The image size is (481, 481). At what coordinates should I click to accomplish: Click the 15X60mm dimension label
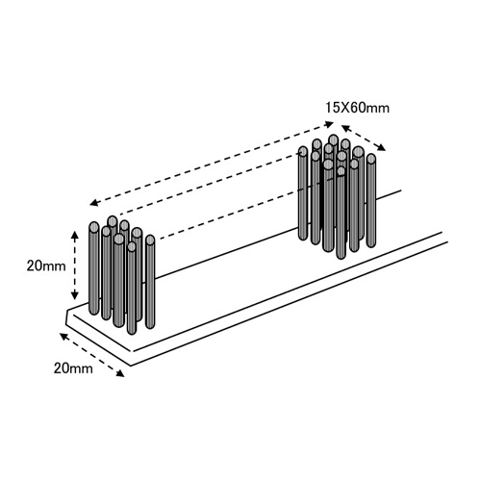coord(357,108)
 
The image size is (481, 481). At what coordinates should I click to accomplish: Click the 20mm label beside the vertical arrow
coord(46,266)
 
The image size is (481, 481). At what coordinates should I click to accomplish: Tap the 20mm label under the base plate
coord(73,368)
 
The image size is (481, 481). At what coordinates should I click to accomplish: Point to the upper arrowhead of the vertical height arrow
coord(75,235)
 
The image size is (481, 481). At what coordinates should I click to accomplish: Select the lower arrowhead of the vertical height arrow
coord(75,295)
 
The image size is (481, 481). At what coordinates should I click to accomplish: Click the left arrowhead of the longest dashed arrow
coord(93,203)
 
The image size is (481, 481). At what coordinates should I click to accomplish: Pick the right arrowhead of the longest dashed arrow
coord(330,124)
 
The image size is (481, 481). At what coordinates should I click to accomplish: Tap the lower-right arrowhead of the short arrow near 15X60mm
coord(382,147)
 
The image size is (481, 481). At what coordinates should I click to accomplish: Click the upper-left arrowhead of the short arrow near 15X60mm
coord(345,128)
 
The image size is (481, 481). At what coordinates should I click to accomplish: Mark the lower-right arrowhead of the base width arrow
coord(120,373)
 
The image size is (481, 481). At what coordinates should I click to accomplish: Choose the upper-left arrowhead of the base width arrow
coord(63,336)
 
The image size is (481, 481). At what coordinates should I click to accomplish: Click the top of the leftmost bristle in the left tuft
coord(94,227)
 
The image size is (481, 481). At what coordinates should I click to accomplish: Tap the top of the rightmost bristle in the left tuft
coord(150,240)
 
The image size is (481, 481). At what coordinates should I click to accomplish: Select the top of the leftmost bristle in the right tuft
coord(303,151)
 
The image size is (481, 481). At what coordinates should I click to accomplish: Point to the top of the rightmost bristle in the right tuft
coord(371,159)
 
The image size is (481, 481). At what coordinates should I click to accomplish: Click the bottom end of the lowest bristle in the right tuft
coord(341,256)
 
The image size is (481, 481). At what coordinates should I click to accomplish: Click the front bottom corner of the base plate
coord(131,366)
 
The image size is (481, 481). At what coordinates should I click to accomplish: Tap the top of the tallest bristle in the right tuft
coord(334,139)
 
